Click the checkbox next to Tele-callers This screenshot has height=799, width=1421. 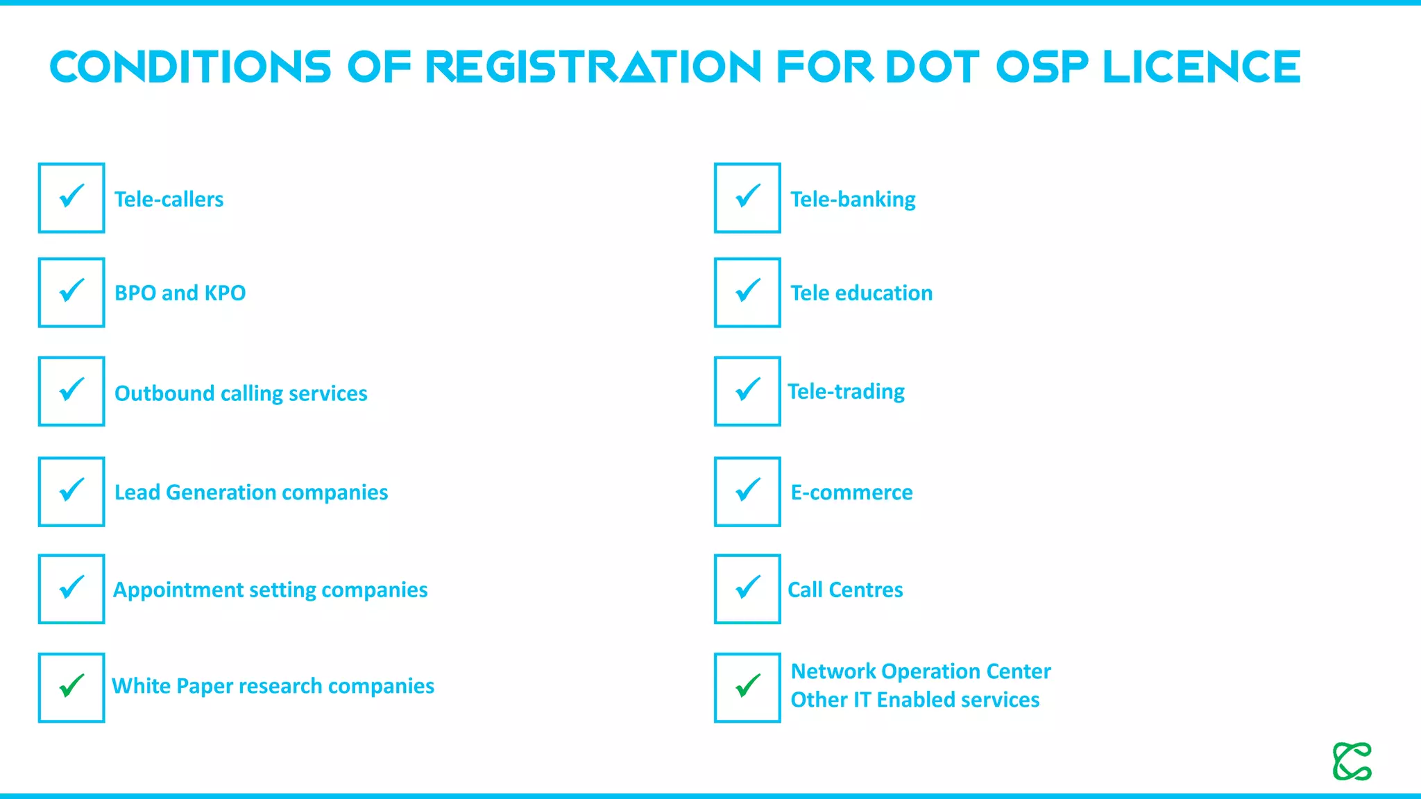(x=71, y=198)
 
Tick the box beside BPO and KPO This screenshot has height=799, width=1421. (x=71, y=292)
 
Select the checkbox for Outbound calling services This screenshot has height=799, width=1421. (x=71, y=391)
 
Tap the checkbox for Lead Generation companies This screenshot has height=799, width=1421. (x=71, y=491)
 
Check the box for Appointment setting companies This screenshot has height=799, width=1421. (x=71, y=589)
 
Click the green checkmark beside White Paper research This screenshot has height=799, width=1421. (x=71, y=687)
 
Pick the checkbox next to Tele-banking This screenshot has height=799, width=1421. (x=747, y=198)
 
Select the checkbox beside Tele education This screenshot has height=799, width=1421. (x=747, y=292)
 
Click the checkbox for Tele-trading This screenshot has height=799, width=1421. (x=747, y=391)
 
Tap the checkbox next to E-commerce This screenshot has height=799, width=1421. (x=747, y=491)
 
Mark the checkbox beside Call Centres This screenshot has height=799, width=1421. (x=747, y=589)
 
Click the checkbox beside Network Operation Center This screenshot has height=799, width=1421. (x=747, y=687)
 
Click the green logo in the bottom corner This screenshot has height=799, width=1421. (x=1352, y=762)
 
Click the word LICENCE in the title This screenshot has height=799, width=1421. (x=1201, y=67)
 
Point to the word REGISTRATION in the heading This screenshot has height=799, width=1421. (x=593, y=67)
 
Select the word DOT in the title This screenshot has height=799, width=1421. (x=932, y=67)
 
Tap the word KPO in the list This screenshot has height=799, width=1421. (x=225, y=293)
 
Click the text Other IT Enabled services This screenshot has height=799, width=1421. (x=914, y=700)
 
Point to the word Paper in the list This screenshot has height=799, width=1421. (x=205, y=686)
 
